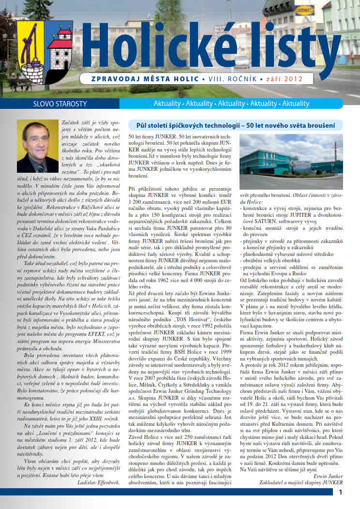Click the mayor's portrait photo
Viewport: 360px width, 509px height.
pos(37,147)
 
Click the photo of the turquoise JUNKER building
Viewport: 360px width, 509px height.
pos(290,162)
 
